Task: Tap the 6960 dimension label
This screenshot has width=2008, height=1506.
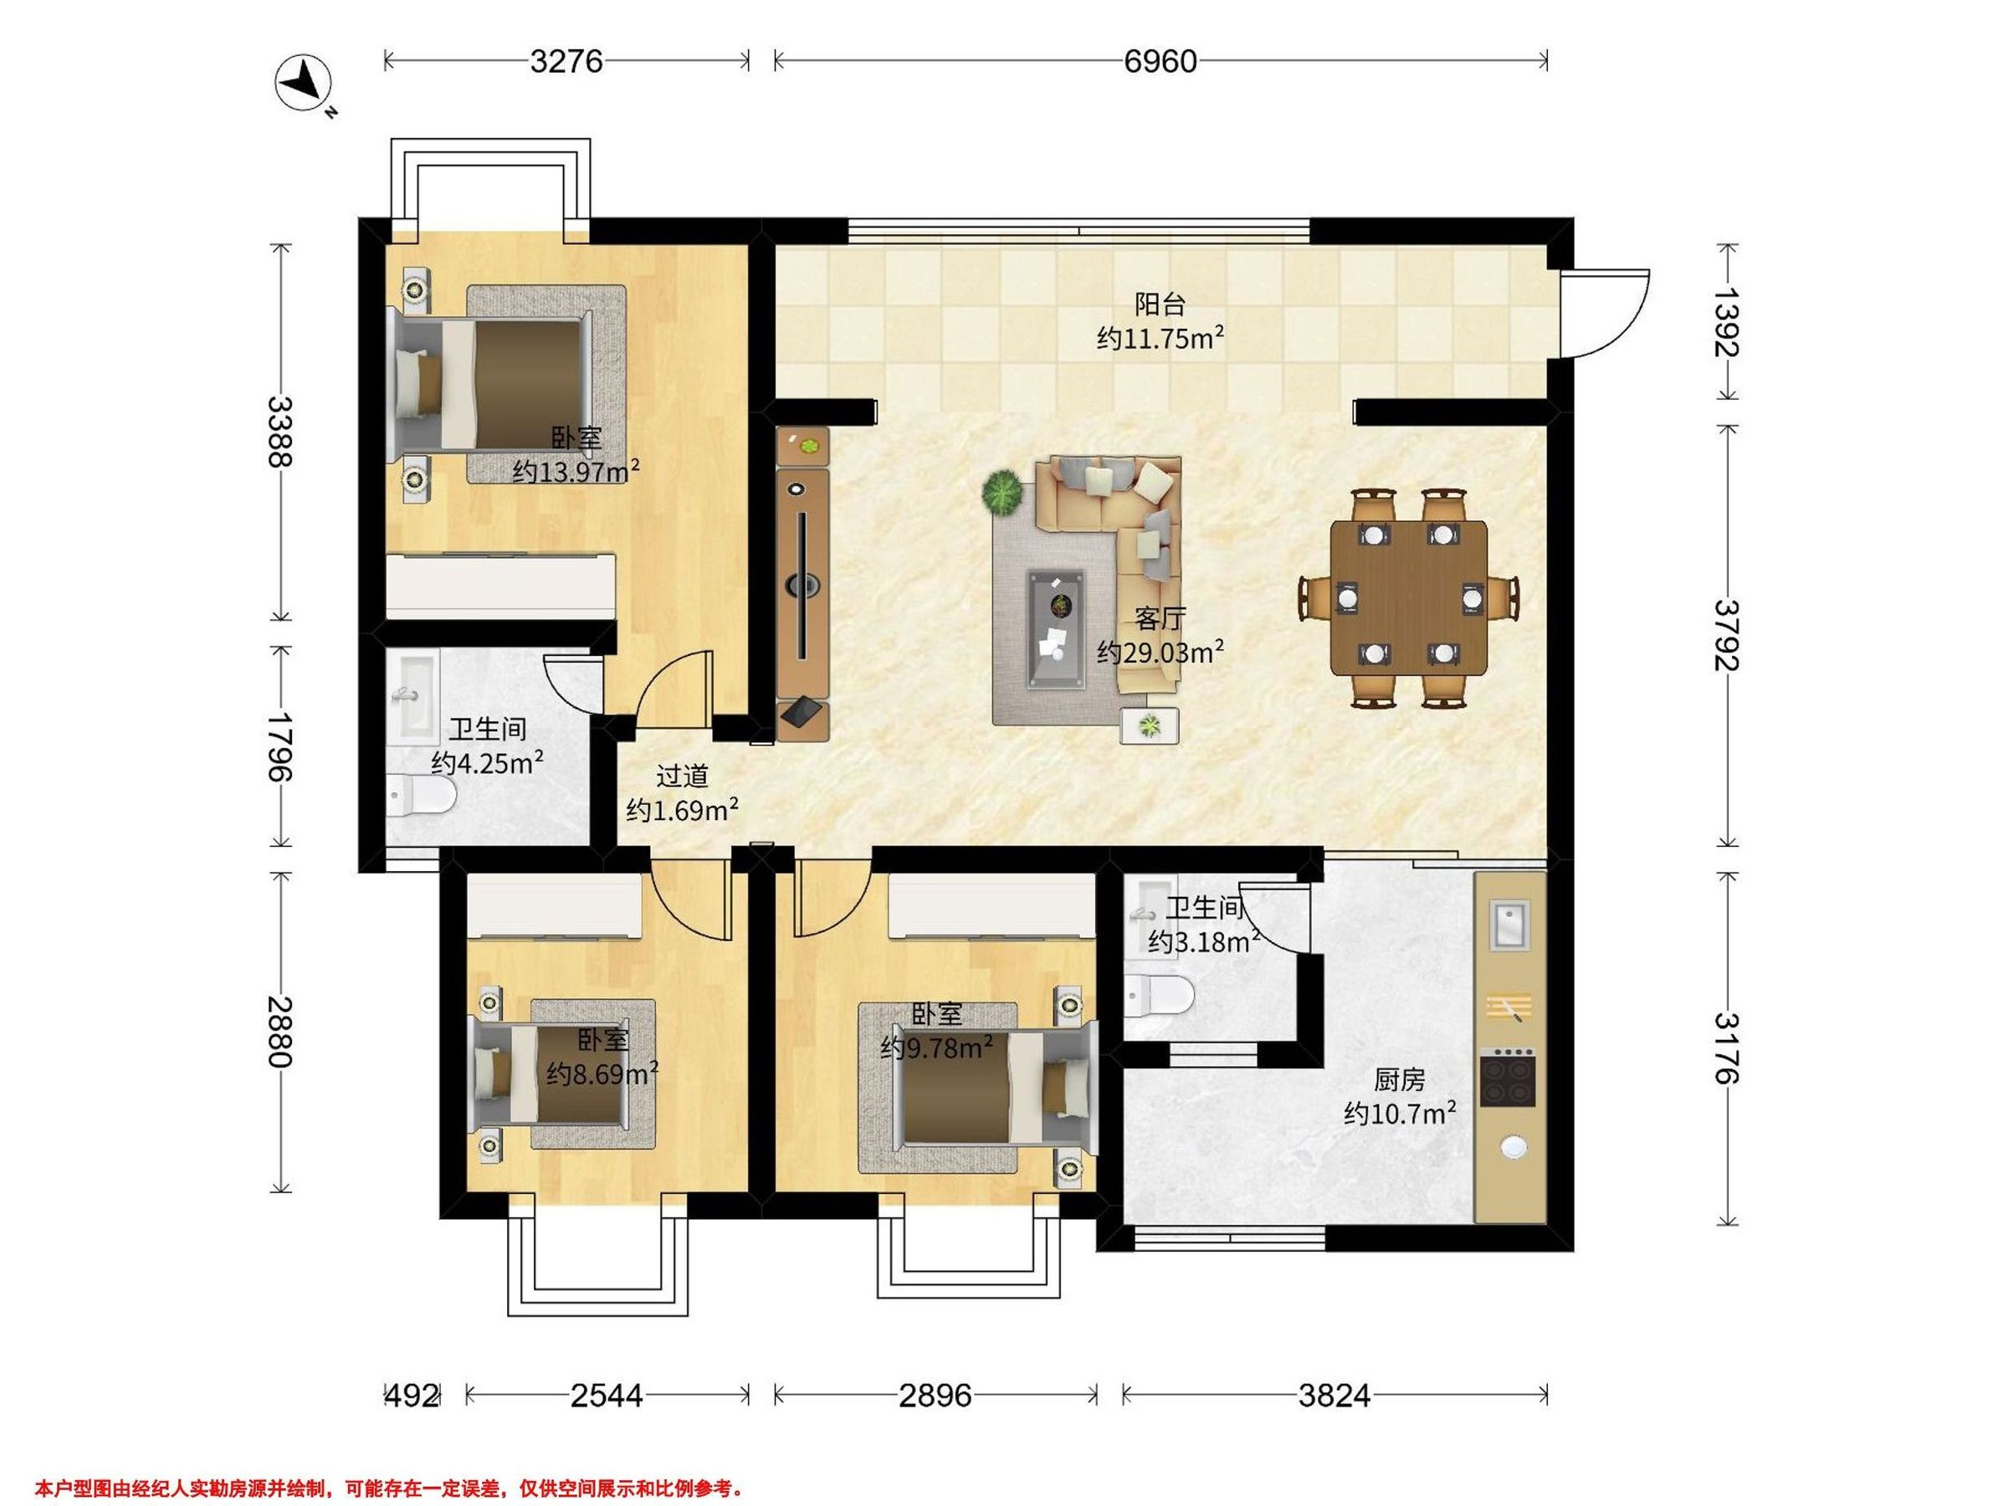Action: tap(1160, 61)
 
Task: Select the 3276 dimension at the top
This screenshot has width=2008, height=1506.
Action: tap(566, 61)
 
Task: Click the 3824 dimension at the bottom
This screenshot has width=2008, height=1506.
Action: tap(1334, 1395)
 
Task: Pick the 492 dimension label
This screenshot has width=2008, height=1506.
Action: tap(413, 1395)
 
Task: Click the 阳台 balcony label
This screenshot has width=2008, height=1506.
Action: tap(1160, 303)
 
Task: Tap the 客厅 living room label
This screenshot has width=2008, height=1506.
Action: tap(1160, 619)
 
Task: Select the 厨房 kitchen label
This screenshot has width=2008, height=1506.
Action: tap(1399, 1079)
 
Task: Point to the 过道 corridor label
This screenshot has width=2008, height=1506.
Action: tap(682, 776)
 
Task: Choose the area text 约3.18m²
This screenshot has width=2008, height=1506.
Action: tap(1204, 941)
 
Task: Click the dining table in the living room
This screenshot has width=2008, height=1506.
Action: tap(1409, 597)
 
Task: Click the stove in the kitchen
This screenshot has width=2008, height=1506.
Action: tap(1508, 1078)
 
